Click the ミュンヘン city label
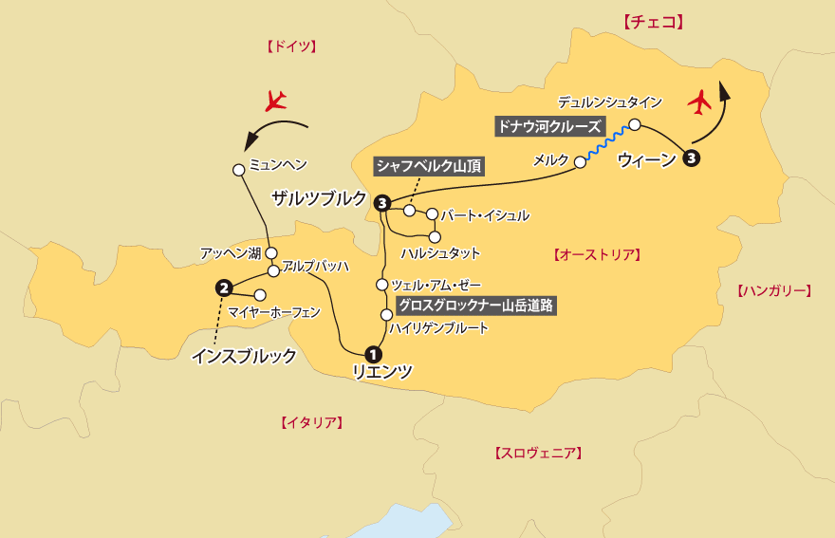(278, 164)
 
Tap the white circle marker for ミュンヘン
(239, 170)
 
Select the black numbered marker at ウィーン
(692, 158)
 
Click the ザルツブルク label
(319, 197)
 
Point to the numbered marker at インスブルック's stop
(224, 287)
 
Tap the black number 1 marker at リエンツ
(371, 355)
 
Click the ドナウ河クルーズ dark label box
(549, 125)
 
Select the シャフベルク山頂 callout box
(429, 166)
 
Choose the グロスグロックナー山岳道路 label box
(475, 306)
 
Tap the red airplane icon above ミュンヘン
(276, 99)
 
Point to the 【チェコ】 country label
(653, 22)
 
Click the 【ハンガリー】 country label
(774, 290)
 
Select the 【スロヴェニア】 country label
(538, 454)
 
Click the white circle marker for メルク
(581, 163)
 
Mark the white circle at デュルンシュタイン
(635, 123)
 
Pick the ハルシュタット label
(440, 253)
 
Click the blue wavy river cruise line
(607, 142)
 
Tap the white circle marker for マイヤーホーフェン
(260, 294)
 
